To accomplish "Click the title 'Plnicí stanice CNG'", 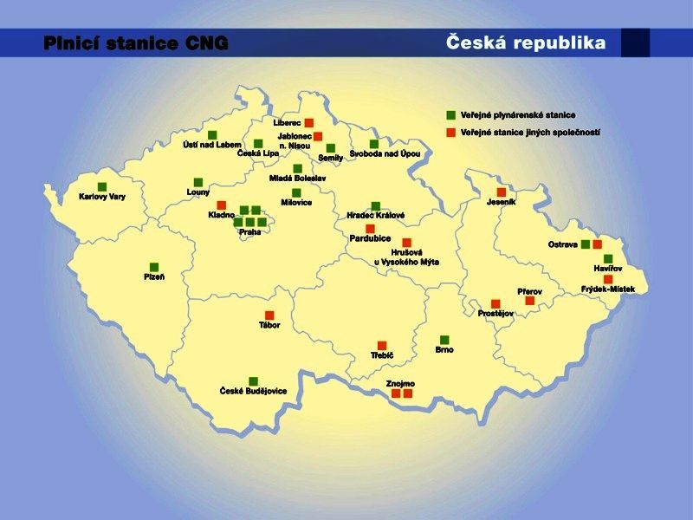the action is [136, 43].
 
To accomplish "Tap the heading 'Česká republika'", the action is [526, 42].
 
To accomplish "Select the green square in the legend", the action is [450, 115].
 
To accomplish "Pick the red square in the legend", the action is [450, 133].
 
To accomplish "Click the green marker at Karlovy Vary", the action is [102, 186].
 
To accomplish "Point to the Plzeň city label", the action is [154, 277].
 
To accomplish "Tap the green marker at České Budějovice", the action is [253, 381].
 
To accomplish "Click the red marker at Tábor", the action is [269, 315].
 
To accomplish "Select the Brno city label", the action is [444, 350].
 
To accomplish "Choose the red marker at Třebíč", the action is [382, 345].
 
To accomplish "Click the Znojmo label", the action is [401, 383].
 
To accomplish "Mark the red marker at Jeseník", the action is [501, 192].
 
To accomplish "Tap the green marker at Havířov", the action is [608, 258].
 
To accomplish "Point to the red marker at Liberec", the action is [308, 123].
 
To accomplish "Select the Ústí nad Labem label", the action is [212, 145].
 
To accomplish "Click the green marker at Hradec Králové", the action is [376, 205].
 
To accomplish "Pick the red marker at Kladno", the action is [222, 205].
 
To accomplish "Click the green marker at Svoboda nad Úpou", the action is [374, 144].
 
